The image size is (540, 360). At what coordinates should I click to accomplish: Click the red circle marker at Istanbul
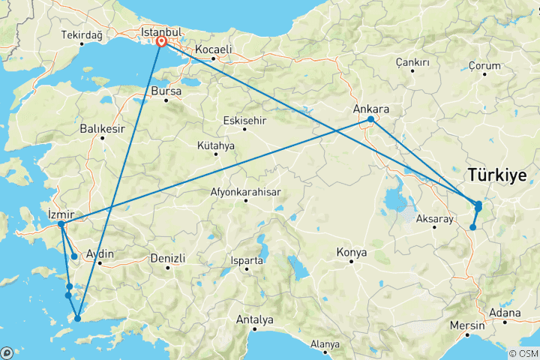(161, 43)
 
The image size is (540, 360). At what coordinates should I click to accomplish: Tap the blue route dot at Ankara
(371, 119)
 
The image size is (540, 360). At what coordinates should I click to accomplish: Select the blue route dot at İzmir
(61, 223)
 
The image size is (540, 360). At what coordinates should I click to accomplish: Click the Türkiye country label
(502, 176)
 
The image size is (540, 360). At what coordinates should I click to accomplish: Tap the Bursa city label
(166, 91)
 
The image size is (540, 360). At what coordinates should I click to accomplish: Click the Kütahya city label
(216, 145)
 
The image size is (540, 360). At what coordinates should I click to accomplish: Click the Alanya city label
(325, 345)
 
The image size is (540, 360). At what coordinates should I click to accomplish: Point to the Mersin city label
(466, 326)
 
